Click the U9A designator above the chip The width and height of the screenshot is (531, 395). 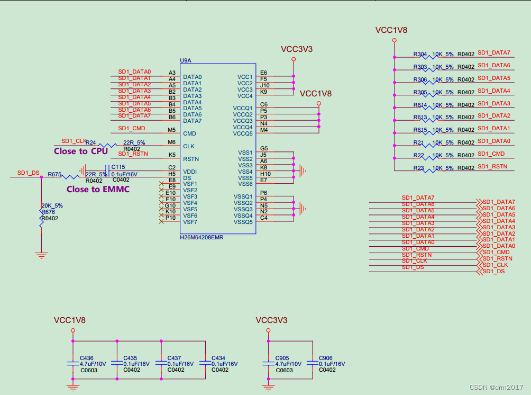tap(185, 61)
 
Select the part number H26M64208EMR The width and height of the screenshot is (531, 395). tap(202, 238)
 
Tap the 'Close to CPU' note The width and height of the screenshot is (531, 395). tap(80, 151)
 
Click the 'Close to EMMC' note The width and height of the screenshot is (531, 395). tap(98, 189)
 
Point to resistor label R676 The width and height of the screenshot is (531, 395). tap(48, 212)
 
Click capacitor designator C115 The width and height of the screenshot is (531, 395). tap(118, 167)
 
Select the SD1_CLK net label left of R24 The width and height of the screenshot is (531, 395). tap(74, 141)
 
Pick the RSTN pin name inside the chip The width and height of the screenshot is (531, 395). tap(191, 158)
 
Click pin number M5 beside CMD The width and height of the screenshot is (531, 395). tap(171, 130)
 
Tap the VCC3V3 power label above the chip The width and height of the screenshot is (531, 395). tap(297, 49)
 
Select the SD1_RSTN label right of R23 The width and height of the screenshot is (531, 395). tap(492, 167)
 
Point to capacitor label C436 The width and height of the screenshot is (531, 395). tap(86, 358)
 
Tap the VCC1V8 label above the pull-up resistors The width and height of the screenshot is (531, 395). tap(391, 30)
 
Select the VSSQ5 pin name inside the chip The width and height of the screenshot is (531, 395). tap(244, 222)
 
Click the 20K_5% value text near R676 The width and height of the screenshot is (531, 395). tap(52, 205)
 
